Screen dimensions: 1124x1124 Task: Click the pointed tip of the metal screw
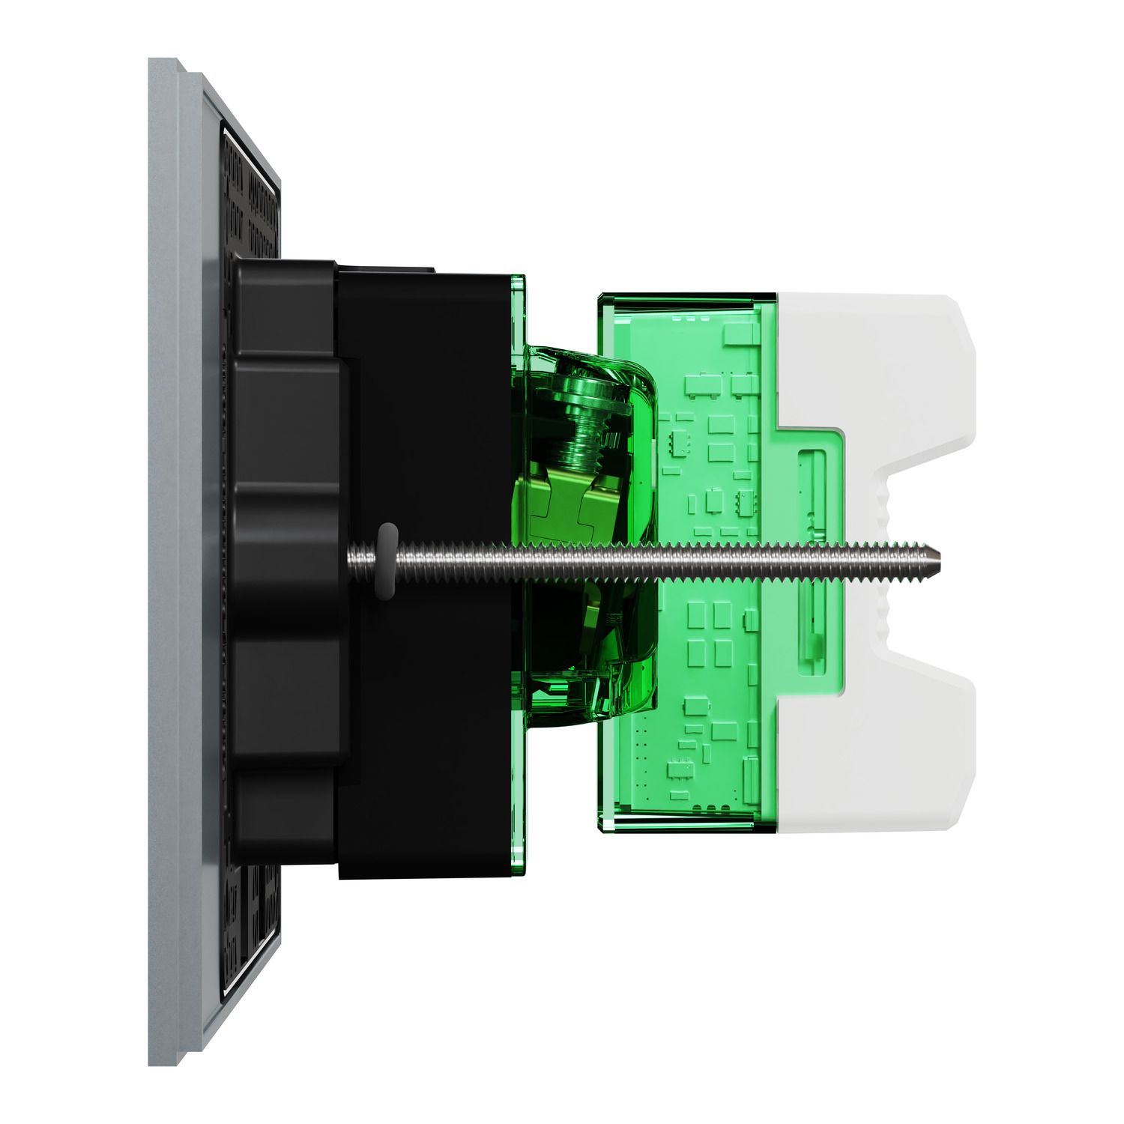[941, 557]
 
